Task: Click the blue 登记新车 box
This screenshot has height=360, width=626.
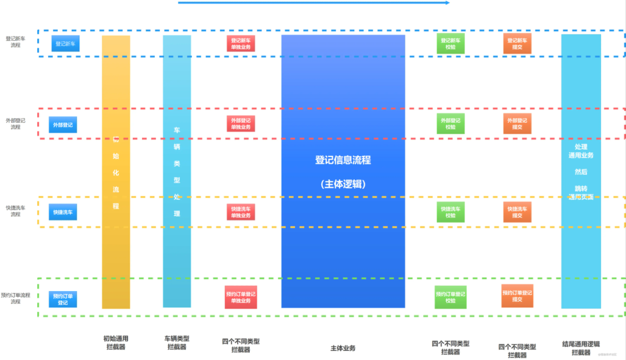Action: (65, 43)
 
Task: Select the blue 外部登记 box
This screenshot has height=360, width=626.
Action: (63, 125)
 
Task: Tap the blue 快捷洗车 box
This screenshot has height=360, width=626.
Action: (63, 212)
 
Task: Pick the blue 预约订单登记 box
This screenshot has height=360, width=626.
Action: (63, 299)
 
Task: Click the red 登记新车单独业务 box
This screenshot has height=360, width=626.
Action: (241, 43)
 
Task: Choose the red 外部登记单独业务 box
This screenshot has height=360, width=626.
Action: (241, 123)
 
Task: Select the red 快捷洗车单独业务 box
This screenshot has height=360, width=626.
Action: (241, 212)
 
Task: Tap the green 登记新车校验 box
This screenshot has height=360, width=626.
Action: (450, 43)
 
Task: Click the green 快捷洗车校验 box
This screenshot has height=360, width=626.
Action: (450, 212)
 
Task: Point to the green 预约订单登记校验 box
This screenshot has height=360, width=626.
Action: (450, 297)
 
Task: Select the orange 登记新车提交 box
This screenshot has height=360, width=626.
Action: (517, 43)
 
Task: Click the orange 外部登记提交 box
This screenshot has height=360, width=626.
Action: (517, 123)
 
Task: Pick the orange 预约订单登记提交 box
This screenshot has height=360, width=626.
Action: (517, 296)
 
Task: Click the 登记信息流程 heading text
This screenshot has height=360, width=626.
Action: (343, 160)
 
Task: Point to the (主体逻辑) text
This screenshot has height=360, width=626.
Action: (343, 184)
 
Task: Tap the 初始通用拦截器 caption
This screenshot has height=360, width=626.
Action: (115, 343)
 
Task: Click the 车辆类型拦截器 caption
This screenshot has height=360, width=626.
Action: (177, 343)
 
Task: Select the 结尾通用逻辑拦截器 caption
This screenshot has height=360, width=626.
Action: (581, 348)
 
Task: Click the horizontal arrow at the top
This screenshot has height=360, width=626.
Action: (313, 3)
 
